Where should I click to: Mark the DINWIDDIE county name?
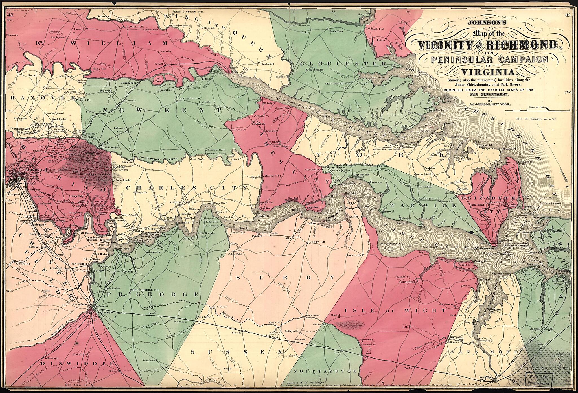77,363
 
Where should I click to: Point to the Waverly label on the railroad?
237,333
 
